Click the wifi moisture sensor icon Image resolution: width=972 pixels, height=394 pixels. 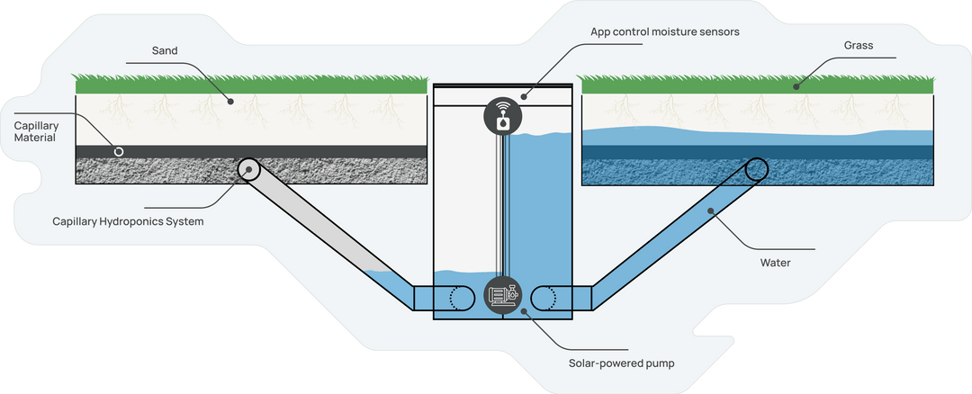501,114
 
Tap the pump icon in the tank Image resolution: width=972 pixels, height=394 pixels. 502,295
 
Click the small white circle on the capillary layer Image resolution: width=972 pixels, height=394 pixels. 118,151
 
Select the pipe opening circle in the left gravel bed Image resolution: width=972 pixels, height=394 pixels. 249,168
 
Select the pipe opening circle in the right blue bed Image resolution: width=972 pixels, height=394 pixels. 754,168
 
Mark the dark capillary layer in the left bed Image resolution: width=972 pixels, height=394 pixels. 270,151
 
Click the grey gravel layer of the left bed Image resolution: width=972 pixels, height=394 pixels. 342,171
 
